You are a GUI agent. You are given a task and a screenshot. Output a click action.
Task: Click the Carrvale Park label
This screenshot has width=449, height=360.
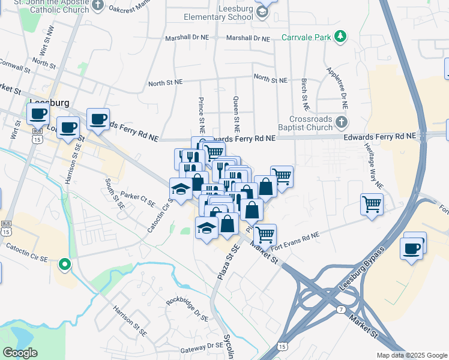(307, 38)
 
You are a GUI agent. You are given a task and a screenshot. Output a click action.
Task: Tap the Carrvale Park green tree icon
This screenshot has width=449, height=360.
(341, 37)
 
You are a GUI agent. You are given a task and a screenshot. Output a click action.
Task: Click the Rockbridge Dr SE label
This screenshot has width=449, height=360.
(187, 305)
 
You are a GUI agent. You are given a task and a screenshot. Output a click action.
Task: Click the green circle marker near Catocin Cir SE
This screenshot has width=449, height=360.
(64, 264)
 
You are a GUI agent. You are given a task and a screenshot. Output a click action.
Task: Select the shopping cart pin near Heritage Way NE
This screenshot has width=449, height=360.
(372, 205)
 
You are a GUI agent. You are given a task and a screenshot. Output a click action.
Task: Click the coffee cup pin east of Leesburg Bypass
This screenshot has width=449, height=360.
(412, 248)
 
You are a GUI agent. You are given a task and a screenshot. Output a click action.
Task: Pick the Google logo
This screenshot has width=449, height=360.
(20, 353)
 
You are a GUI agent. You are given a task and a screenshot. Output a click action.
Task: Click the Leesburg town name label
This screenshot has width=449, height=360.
(49, 103)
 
